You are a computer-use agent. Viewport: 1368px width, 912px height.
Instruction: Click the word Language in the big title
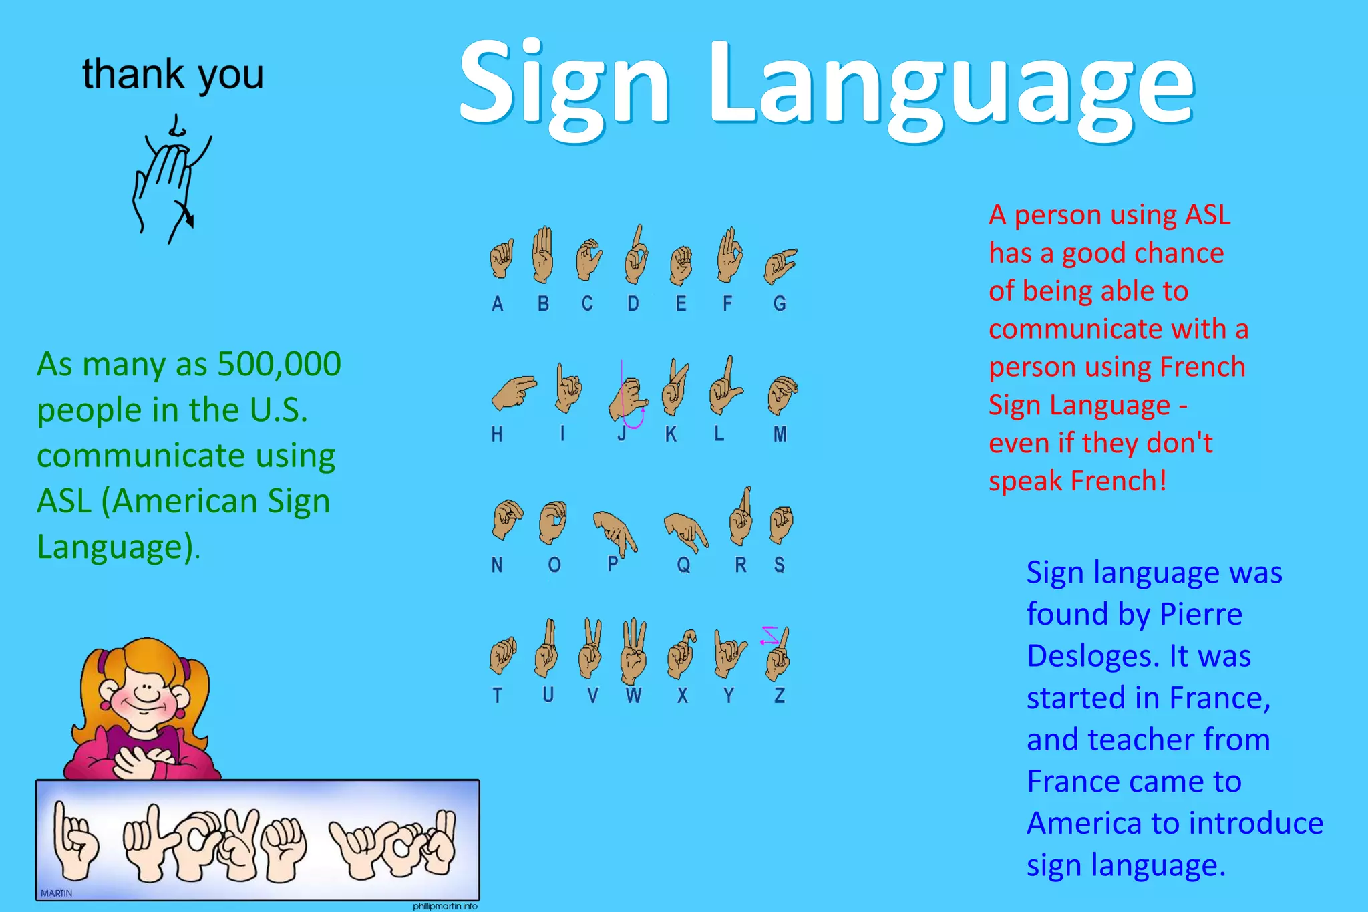pyautogui.click(x=951, y=87)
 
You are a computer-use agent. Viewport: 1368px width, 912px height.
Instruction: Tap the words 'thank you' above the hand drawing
pyautogui.click(x=173, y=74)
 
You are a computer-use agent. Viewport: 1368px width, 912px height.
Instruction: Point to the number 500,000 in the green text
pyautogui.click(x=279, y=365)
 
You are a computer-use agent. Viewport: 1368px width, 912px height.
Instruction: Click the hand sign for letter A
pyautogui.click(x=501, y=259)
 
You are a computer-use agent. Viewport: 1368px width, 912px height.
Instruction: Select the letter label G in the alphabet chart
pyautogui.click(x=780, y=304)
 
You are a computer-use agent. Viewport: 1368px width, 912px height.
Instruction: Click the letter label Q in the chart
pyautogui.click(x=683, y=565)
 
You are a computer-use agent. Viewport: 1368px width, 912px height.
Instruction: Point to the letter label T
pyautogui.click(x=497, y=696)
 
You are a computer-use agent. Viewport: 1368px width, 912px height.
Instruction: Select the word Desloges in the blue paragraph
pyautogui.click(x=1093, y=656)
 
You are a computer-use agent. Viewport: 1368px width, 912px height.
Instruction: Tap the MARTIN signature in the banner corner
pyautogui.click(x=56, y=893)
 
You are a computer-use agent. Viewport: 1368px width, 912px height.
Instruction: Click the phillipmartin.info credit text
pyautogui.click(x=445, y=907)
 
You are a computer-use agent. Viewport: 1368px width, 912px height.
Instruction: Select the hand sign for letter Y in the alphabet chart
pyautogui.click(x=729, y=652)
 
